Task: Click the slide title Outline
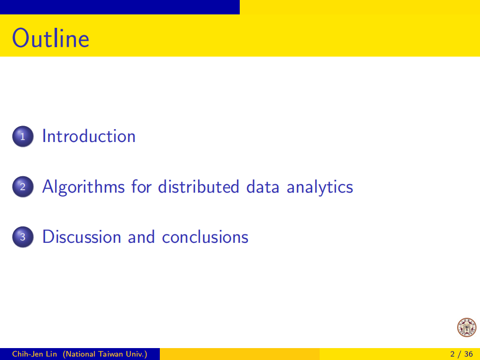pos(51,38)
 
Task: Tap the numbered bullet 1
pos(23,136)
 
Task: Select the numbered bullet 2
pos(23,186)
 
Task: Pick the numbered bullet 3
pos(23,237)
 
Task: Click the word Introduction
pos(89,136)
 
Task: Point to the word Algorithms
pos(83,187)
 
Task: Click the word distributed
pos(199,186)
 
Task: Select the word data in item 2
pos(263,186)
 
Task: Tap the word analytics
pos(320,187)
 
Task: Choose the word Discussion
pos(82,237)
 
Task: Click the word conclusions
pos(205,237)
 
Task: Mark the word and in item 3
pos(141,237)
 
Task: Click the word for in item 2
pos(141,186)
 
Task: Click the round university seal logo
pos(467,327)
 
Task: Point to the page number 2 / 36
pos(461,354)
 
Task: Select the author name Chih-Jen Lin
pos(34,354)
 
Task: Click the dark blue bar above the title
pos(120,7)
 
